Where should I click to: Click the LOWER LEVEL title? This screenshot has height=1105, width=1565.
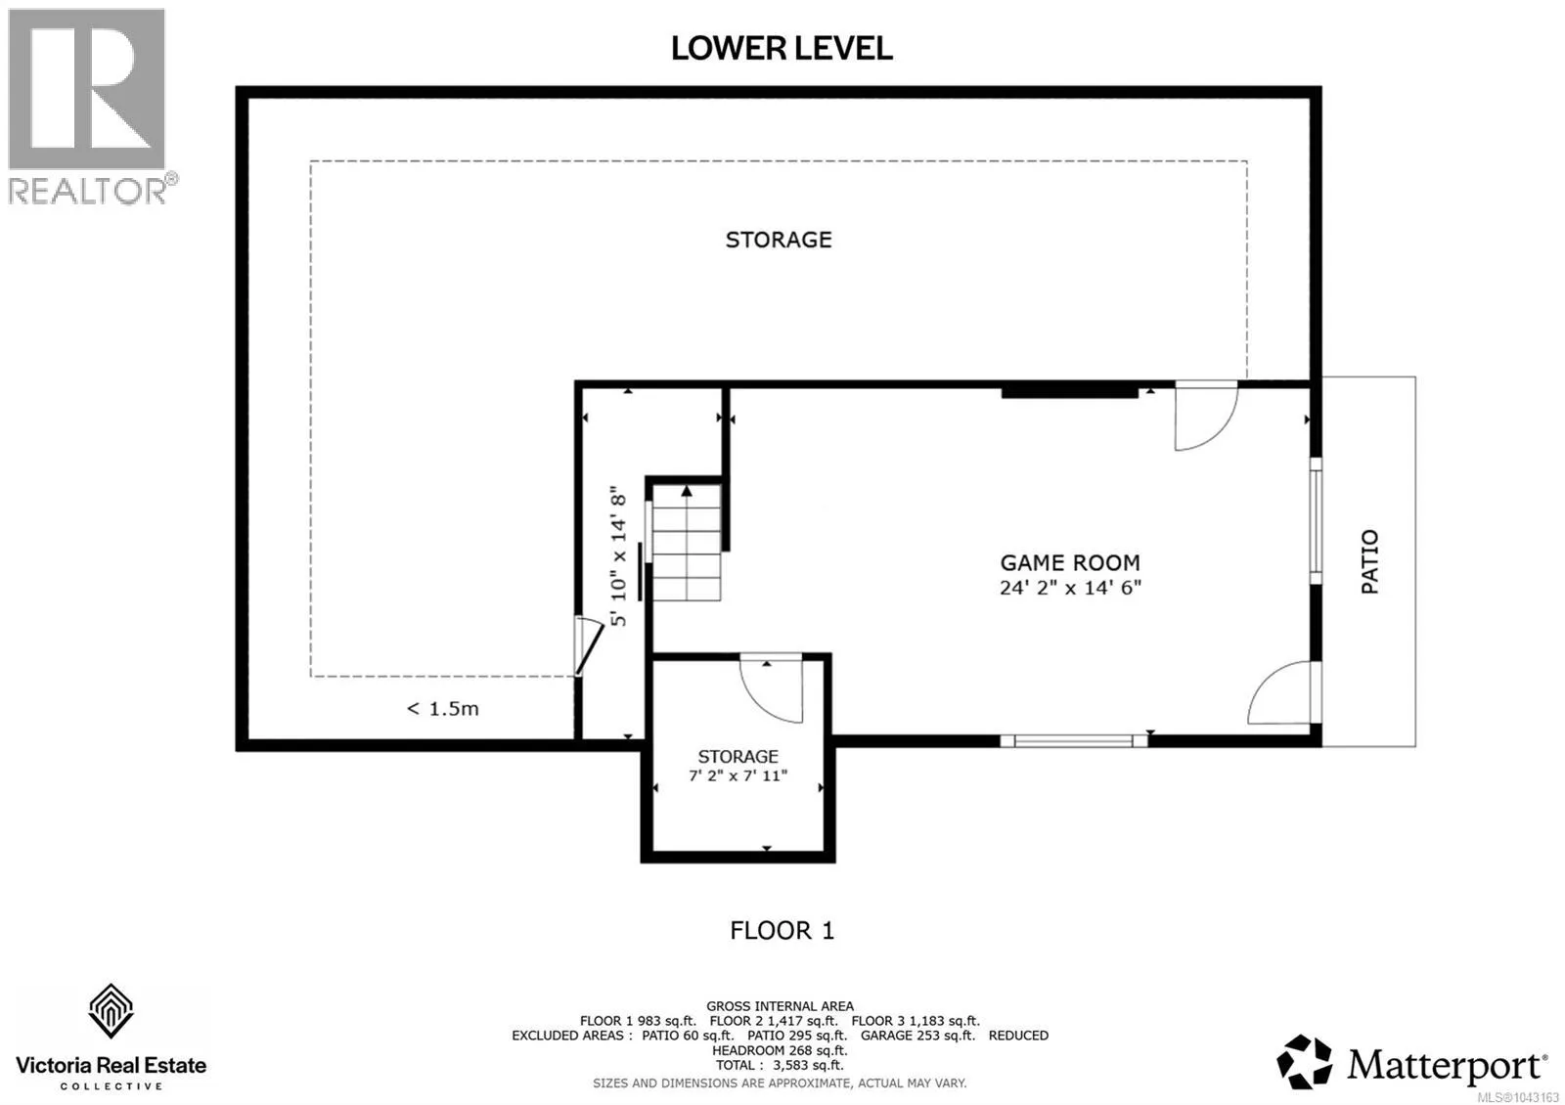(782, 48)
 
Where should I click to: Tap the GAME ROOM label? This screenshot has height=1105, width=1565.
(1070, 562)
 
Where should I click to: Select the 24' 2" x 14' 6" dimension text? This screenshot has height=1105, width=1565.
(1070, 588)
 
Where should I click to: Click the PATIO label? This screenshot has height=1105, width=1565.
(1369, 561)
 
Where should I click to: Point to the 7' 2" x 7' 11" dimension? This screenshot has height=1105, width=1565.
(738, 775)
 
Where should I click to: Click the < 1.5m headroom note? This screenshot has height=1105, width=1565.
(443, 709)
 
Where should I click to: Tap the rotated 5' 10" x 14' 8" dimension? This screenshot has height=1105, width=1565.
(618, 556)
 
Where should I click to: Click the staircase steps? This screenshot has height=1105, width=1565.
(686, 542)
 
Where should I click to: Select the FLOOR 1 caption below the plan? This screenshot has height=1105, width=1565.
(782, 930)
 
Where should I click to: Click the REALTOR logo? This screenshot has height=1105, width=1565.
(89, 107)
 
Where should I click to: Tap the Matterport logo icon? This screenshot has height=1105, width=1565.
(1305, 1062)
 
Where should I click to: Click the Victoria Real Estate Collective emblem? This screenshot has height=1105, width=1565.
(111, 1011)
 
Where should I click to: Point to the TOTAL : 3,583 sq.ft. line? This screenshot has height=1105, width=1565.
(780, 1065)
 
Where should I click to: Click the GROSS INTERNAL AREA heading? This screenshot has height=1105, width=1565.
(780, 1006)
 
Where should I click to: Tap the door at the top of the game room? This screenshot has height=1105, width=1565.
(1206, 417)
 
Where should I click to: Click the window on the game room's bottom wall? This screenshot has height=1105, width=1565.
(1073, 741)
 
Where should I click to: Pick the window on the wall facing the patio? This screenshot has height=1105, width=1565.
(1316, 520)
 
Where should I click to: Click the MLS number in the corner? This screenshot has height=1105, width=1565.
(1517, 1097)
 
